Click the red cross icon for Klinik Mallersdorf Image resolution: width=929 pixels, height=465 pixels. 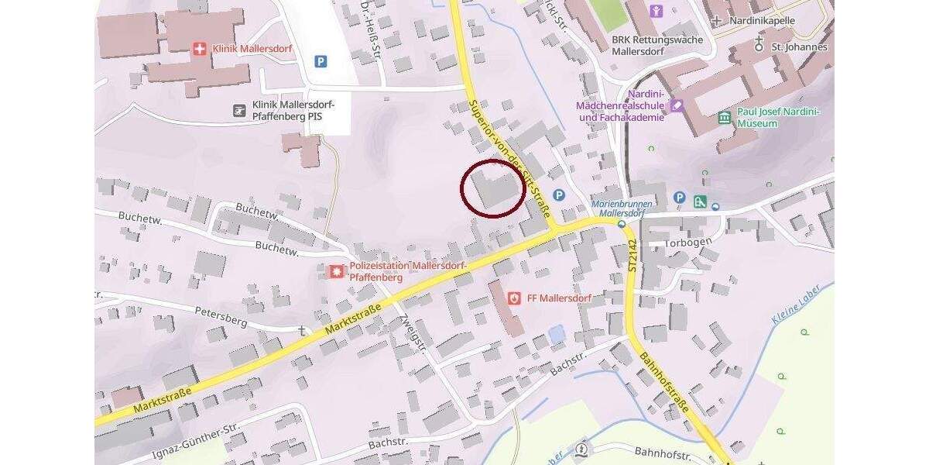tap(200, 49)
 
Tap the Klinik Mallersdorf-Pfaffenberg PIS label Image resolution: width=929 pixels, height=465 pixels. tap(286, 111)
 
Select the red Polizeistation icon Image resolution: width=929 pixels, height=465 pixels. tap(337, 271)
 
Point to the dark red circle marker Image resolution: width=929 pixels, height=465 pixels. tap(493, 188)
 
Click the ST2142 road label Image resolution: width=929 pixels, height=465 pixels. tap(632, 253)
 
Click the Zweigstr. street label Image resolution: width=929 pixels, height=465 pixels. tap(413, 332)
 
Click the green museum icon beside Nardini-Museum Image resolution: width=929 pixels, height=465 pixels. tap(725, 118)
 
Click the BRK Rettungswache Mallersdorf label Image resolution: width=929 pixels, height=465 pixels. tap(656, 46)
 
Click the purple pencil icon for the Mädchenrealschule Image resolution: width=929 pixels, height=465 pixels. tap(677, 105)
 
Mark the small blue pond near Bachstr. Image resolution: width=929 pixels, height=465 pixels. tap(557, 335)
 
